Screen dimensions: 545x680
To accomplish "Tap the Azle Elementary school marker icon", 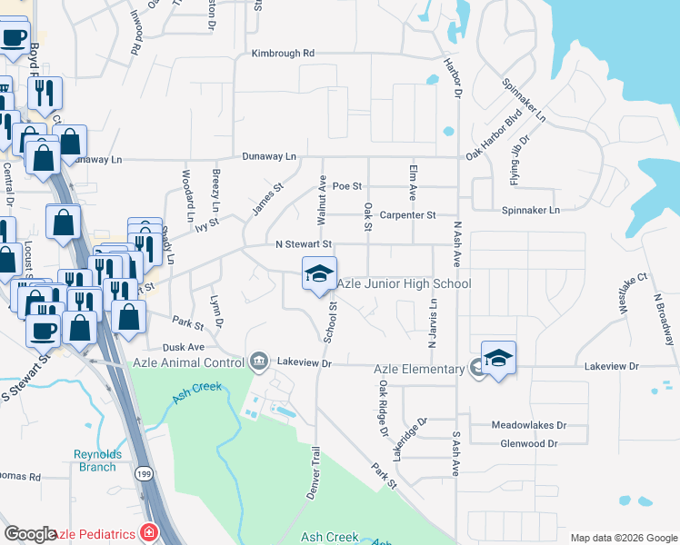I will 498,360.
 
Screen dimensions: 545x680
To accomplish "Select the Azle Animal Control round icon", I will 259,362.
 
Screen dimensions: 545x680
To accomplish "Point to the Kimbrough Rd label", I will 283,54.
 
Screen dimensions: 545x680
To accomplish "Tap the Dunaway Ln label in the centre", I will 269,156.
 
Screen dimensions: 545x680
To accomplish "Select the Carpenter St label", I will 408,215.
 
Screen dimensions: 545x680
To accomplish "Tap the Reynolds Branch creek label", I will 95,461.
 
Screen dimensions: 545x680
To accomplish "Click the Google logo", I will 31,534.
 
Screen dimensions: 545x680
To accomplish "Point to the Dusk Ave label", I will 184,347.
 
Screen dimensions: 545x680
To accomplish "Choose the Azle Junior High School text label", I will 405,284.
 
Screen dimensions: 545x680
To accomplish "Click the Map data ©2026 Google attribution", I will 623,538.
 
